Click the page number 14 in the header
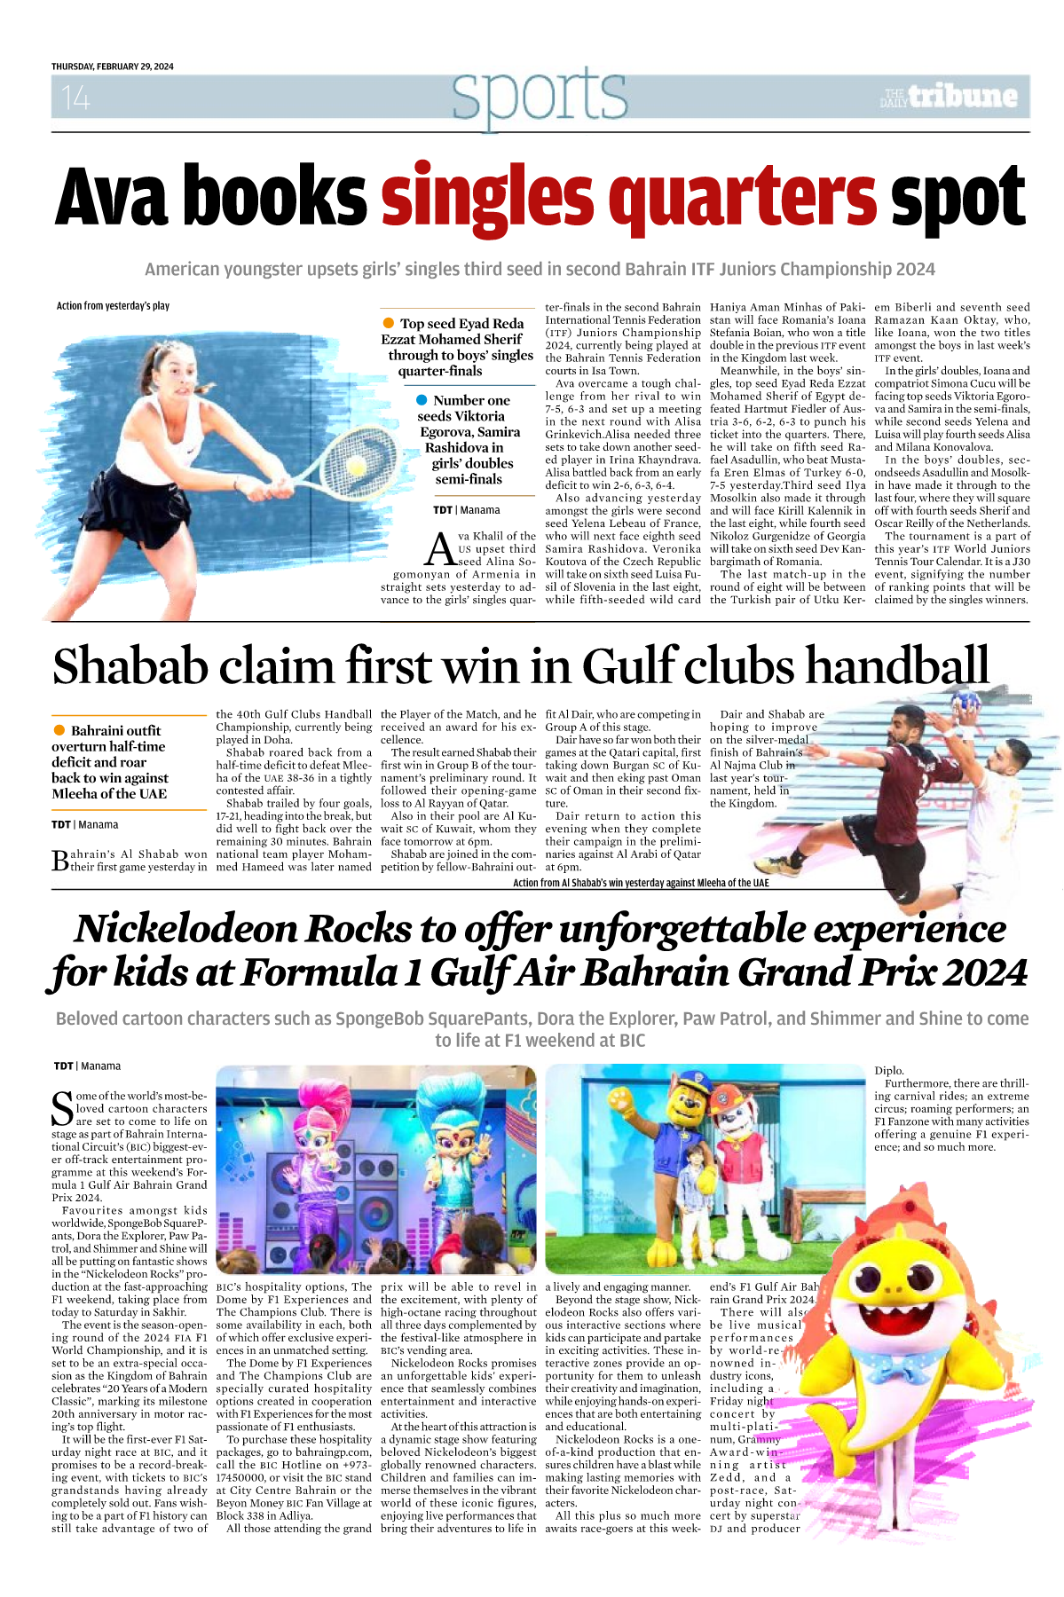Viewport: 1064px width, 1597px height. [x=75, y=97]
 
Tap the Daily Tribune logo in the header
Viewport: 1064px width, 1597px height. [x=949, y=96]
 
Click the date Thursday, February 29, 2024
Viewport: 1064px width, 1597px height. [x=113, y=67]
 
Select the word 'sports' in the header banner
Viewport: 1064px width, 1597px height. [x=539, y=95]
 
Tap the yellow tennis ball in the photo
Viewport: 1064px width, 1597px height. [x=357, y=465]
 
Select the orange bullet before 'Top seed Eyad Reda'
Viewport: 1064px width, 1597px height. [x=388, y=323]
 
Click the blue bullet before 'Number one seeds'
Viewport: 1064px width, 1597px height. [x=422, y=400]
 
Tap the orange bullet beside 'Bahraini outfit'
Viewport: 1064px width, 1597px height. [x=59, y=730]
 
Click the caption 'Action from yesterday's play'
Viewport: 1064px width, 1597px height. [x=113, y=306]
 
